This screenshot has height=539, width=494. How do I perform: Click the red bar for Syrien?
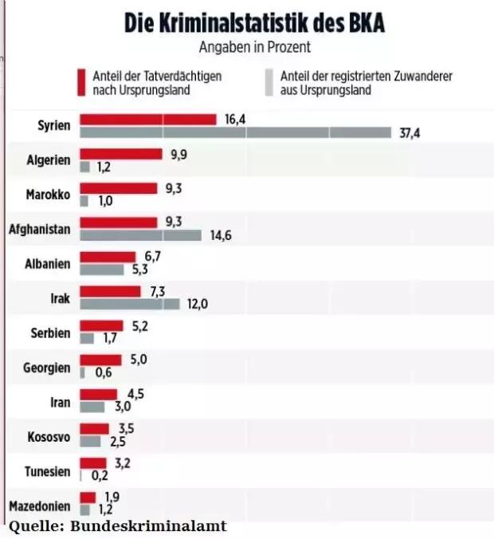[148, 120]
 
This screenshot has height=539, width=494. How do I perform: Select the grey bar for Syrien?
[236, 132]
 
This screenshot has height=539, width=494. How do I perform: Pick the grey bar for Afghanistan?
[141, 235]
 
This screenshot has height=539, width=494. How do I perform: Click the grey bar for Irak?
[131, 303]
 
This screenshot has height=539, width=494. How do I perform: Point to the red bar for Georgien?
[100, 360]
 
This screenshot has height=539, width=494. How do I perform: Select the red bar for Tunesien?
[93, 462]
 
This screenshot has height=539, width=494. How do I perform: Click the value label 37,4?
[409, 133]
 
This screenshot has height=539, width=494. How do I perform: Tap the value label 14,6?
[218, 236]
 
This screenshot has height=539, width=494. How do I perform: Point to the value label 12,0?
[196, 304]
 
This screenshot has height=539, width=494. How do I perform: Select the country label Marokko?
[48, 195]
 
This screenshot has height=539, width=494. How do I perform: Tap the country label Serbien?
[49, 332]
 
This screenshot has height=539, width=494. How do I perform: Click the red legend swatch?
[80, 82]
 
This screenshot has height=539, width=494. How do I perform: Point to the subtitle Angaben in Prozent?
[255, 48]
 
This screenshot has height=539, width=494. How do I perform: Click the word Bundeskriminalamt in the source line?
[149, 526]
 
